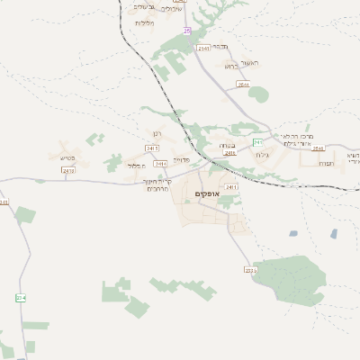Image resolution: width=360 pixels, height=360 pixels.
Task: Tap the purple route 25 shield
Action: [186, 31]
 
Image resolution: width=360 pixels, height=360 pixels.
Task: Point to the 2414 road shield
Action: [160, 164]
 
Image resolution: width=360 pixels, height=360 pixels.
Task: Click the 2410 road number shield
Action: [69, 169]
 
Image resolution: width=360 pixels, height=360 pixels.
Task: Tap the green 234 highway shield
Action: [21, 297]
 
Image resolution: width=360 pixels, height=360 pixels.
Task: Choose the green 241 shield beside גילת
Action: [258, 142]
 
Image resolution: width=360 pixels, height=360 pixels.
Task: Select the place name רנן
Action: [153, 134]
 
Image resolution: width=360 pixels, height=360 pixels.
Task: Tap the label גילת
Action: [262, 155]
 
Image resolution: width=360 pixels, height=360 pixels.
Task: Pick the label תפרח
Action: [328, 164]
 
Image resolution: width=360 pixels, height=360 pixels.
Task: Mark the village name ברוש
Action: [229, 66]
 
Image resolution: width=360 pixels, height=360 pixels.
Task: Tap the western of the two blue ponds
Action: [294, 234]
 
